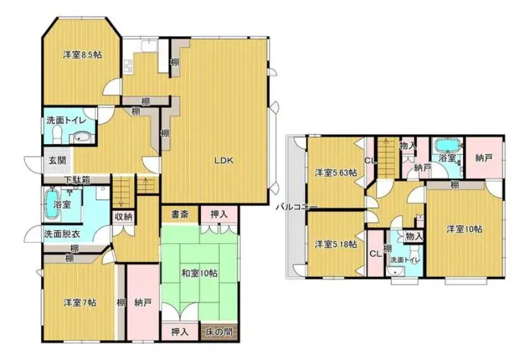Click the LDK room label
(224, 161)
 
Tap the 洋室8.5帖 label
(83, 54)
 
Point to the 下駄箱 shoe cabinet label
(78, 180)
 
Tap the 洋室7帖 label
(80, 302)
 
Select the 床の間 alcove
(219, 332)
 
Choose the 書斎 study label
(180, 214)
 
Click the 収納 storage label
(123, 217)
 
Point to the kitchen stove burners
(129, 66)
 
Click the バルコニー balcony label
(297, 207)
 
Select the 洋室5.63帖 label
(335, 172)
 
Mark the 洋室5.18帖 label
(335, 244)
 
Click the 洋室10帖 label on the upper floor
(464, 229)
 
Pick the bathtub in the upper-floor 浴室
(446, 145)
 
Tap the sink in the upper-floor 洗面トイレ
(394, 270)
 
